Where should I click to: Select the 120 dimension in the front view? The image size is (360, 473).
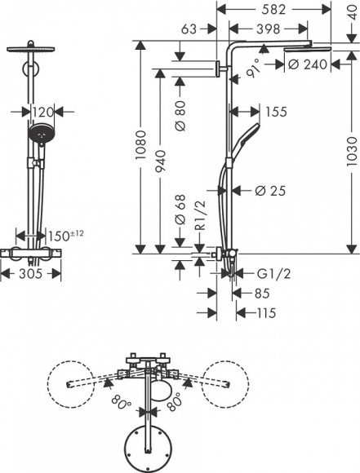44,111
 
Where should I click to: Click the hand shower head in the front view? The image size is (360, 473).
39,133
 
